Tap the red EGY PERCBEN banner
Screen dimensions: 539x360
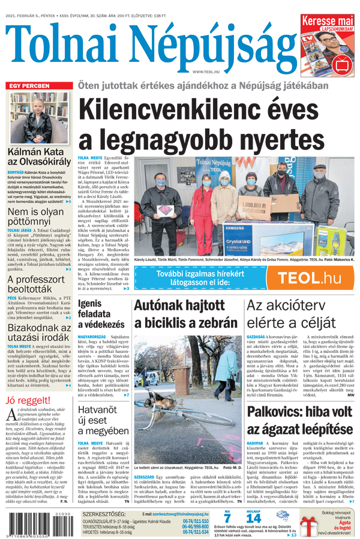[37, 86]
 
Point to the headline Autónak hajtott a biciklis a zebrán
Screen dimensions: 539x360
[185, 314]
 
